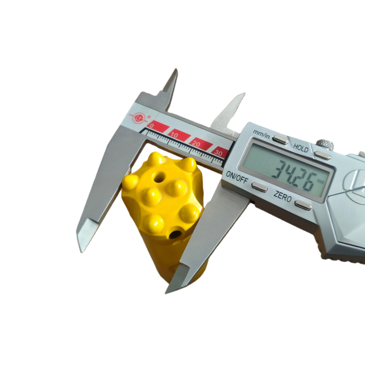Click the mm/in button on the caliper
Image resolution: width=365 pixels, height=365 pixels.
pos(280,139)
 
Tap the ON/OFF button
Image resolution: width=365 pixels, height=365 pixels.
pos(260,187)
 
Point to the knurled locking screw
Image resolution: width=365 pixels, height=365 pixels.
pos(325,144)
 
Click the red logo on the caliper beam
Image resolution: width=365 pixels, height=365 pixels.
pos(139,118)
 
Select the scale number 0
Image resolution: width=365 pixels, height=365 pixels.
pos(152,126)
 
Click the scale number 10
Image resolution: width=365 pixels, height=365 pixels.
pos(174,135)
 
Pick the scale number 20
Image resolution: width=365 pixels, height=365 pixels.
pos(196,144)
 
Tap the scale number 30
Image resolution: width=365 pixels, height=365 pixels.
pos(218,153)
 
